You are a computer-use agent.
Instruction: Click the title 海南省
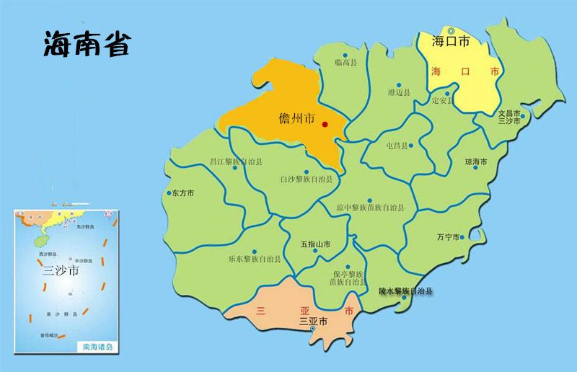point(86,43)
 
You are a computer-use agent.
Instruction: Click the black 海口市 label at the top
point(451,42)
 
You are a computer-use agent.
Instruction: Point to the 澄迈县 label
point(398,92)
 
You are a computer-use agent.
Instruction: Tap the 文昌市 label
point(510,113)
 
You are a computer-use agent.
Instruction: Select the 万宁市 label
point(448,236)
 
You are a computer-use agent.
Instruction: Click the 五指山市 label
point(315,244)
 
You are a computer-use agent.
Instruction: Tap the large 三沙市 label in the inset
point(60,272)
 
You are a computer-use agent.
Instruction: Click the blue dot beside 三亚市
point(312,329)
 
